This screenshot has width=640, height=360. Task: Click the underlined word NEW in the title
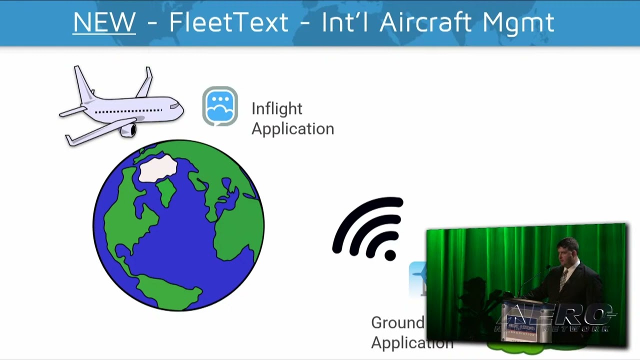click(x=104, y=22)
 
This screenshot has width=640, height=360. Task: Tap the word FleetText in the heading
click(x=228, y=22)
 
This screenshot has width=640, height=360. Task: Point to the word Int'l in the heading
click(x=340, y=22)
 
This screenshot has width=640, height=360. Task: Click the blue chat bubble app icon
click(x=220, y=106)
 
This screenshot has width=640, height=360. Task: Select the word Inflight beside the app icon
click(x=276, y=109)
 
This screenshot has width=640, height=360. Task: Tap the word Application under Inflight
click(x=292, y=128)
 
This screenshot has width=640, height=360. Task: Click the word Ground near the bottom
click(x=397, y=322)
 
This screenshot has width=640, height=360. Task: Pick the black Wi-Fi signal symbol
click(x=370, y=227)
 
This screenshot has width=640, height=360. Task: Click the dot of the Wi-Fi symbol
click(x=390, y=254)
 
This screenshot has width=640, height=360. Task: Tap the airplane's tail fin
click(x=83, y=83)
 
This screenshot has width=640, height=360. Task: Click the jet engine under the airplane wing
click(x=128, y=130)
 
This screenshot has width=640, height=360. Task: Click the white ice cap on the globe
click(x=157, y=168)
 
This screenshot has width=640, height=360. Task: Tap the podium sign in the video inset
click(x=520, y=327)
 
